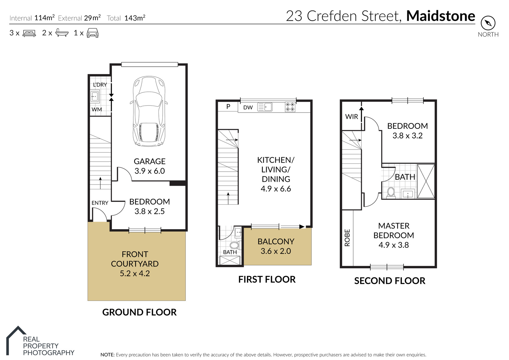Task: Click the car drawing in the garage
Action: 149,111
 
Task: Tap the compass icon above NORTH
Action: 488,23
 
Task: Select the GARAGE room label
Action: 149,161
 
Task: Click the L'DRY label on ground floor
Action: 100,85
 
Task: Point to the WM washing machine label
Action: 97,109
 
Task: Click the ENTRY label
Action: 100,203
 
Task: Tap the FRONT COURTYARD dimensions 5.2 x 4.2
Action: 135,273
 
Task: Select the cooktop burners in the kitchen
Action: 290,107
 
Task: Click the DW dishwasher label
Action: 248,107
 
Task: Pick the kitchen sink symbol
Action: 265,107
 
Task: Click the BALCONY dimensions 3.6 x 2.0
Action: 276,251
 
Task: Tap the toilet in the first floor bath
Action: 235,245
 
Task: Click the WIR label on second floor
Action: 351,117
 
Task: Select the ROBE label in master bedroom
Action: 347,238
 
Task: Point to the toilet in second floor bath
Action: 391,192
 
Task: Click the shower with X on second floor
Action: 426,181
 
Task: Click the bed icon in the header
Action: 29,33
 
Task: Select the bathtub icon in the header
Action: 62,33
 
